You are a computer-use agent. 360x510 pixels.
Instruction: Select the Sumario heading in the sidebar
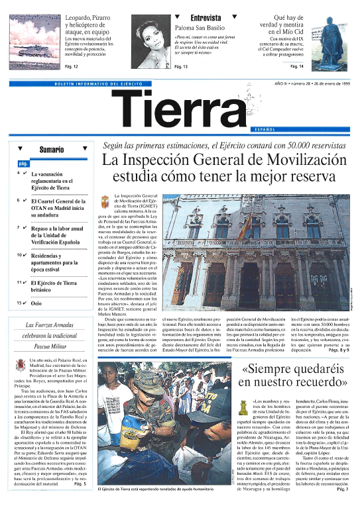click(x=52, y=149)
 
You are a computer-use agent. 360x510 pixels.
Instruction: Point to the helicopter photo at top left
click(x=33, y=36)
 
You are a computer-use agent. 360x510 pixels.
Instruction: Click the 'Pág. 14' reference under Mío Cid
click(x=296, y=67)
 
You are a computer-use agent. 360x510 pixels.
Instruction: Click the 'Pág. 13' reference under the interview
click(x=181, y=67)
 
